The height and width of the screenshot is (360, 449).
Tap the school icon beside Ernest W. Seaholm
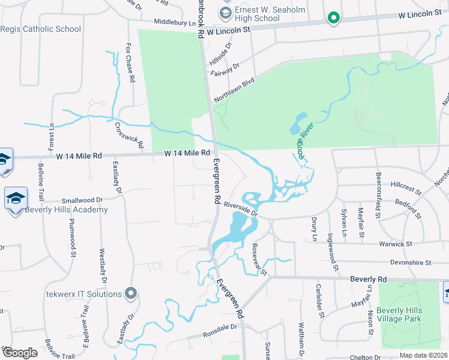[x=226, y=13]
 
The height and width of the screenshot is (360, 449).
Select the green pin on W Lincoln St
[x=334, y=19]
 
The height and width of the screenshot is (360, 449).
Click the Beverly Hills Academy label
[x=66, y=209]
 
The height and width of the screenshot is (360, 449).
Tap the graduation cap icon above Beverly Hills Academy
[x=16, y=198]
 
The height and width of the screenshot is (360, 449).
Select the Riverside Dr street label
[x=240, y=209]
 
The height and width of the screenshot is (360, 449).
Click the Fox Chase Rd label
[x=130, y=62]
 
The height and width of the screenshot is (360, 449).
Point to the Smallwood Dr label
[x=83, y=200]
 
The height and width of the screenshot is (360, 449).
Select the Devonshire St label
[x=411, y=262]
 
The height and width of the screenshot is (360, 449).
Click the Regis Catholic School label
[x=40, y=29]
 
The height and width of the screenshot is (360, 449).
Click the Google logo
[x=20, y=352]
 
